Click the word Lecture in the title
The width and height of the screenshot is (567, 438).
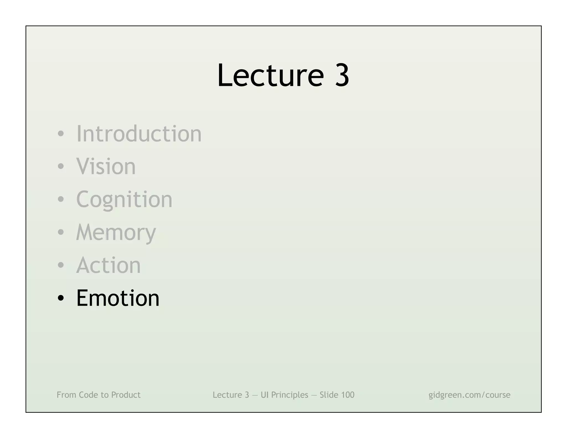pos(270,75)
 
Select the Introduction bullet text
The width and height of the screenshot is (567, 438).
pos(139,134)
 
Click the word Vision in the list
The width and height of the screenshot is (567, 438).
pos(106,166)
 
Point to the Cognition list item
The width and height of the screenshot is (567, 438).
pos(124,199)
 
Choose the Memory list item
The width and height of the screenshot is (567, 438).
pos(116,233)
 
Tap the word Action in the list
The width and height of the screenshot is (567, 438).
pos(109,265)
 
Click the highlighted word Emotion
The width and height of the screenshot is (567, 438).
pos(118,298)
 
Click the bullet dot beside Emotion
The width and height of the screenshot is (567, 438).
pos(61,298)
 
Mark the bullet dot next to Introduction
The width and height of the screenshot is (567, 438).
pos(61,134)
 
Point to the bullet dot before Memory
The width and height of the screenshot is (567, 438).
pos(61,233)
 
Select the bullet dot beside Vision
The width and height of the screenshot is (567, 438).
pos(61,167)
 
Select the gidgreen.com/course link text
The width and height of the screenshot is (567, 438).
pos(469,395)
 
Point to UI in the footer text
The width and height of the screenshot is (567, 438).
pos(264,395)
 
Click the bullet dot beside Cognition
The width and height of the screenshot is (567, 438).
pos(61,200)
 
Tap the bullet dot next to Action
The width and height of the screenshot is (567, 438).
pos(61,266)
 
